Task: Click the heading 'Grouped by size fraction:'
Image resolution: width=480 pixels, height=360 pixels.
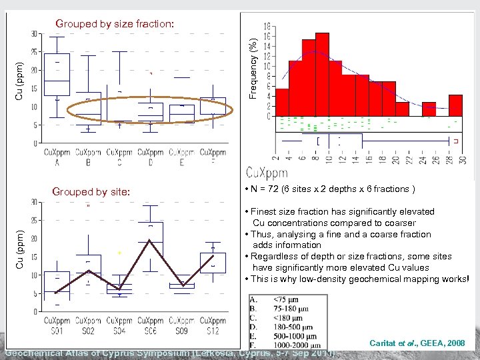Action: (x=115, y=24)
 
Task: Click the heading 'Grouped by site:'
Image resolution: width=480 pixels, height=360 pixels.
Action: (x=91, y=192)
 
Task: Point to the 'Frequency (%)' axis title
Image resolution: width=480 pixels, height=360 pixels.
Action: (x=253, y=60)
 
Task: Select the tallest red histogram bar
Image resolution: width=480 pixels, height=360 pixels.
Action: (x=322, y=73)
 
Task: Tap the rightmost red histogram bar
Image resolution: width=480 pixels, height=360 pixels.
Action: (x=455, y=105)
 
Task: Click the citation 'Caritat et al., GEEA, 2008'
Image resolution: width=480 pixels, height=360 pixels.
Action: (x=417, y=342)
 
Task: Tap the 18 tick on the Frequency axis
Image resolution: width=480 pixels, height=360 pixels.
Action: (x=267, y=26)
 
